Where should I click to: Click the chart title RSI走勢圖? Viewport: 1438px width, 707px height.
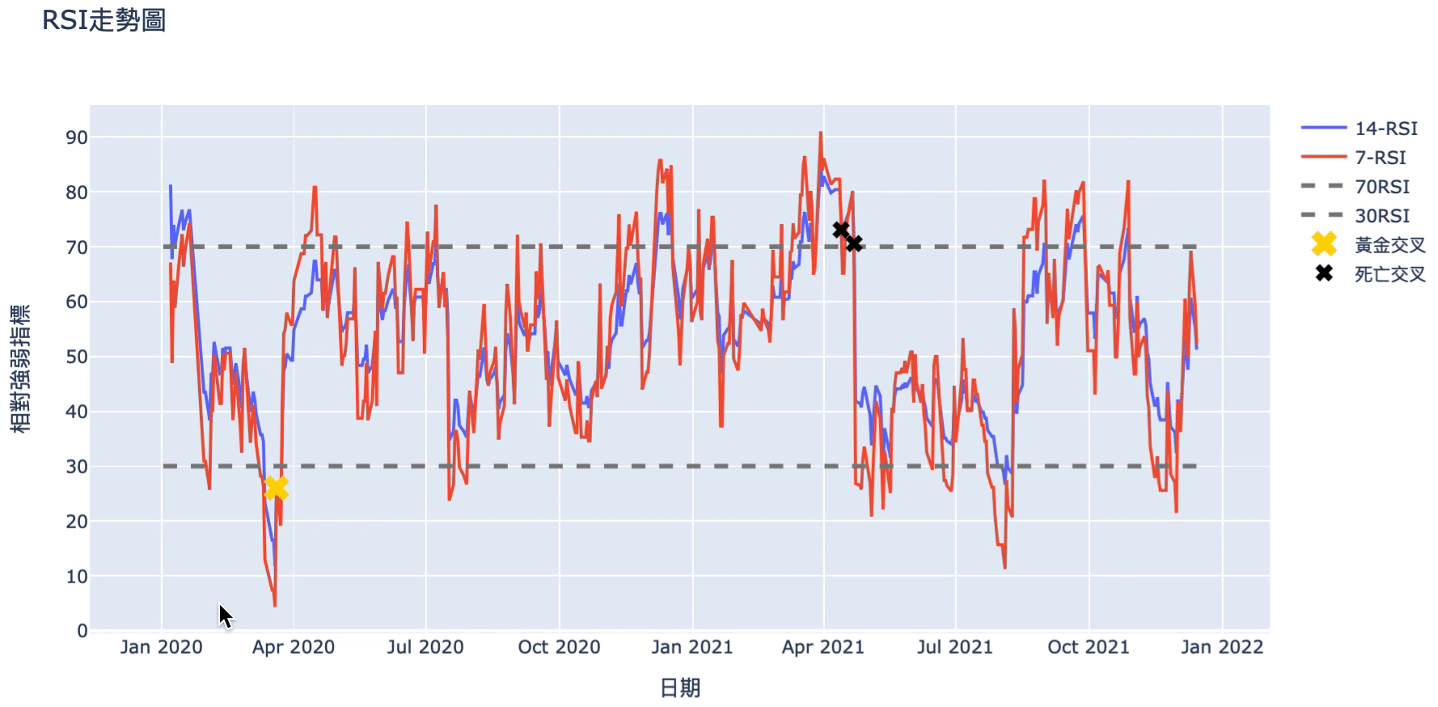pos(104,20)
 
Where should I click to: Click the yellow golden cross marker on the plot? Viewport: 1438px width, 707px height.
pos(276,488)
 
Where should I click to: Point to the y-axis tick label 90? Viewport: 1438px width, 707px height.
pos(77,138)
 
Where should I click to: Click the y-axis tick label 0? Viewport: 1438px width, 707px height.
pos(82,631)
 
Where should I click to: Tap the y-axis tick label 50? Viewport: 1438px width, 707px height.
pos(77,357)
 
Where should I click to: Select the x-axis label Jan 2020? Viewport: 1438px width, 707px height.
pos(161,647)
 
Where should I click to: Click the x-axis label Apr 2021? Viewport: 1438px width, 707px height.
pos(823,647)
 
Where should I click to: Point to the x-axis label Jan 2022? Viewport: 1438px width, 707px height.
pos(1221,647)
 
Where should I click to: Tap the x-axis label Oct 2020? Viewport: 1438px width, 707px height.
pos(559,647)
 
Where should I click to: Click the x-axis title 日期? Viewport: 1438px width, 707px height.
pos(679,688)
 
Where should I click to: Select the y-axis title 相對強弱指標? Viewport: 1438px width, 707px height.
pos(22,368)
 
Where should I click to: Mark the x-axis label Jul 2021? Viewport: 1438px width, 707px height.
pos(955,647)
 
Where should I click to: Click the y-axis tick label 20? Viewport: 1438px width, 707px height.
pos(77,522)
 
